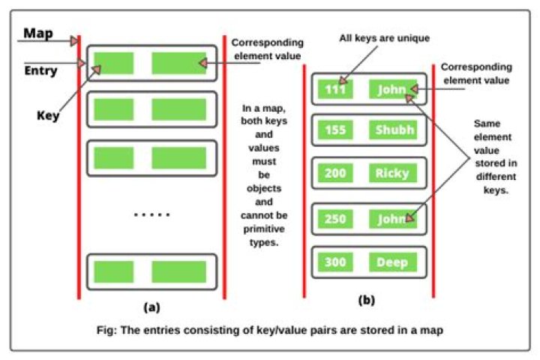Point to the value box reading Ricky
(x=392, y=174)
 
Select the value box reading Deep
(x=392, y=262)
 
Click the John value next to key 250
(x=392, y=218)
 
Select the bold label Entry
(x=41, y=73)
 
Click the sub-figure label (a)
(x=151, y=307)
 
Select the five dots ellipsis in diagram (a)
(x=151, y=215)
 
